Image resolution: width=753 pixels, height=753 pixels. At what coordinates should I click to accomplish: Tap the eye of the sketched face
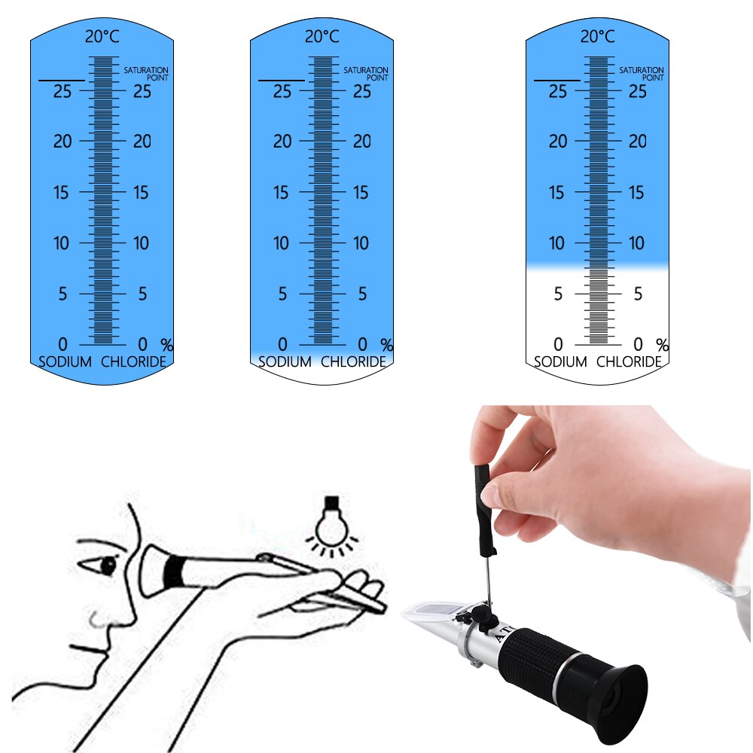108,564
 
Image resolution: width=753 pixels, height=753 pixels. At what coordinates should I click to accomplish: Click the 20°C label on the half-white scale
596,35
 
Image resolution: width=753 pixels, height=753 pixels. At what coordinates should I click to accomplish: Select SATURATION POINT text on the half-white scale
642,73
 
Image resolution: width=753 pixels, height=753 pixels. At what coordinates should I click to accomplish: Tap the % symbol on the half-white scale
662,345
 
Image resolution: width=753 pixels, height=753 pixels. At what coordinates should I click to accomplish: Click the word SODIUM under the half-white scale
560,361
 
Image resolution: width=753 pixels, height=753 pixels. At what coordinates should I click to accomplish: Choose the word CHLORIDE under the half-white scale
629,361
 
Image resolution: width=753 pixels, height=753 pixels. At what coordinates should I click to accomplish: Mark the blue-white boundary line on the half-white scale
596,264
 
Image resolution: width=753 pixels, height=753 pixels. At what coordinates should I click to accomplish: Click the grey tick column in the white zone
598,305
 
